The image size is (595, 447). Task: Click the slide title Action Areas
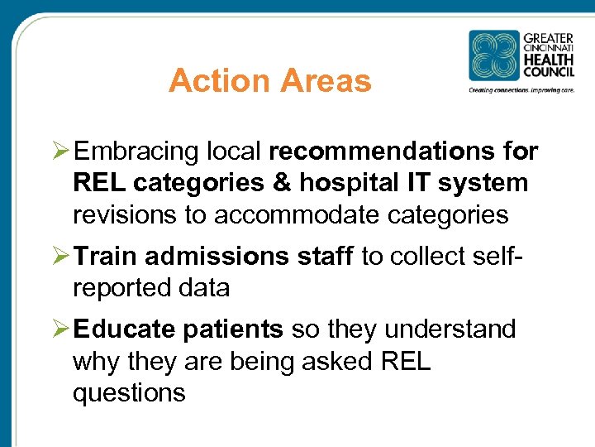tap(269, 81)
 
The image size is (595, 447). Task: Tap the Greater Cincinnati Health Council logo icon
tap(493, 55)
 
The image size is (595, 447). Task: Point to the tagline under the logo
tap(521, 89)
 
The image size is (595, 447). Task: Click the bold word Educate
tap(124, 329)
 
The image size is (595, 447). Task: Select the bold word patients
tap(233, 329)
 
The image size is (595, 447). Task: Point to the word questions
tap(129, 392)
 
